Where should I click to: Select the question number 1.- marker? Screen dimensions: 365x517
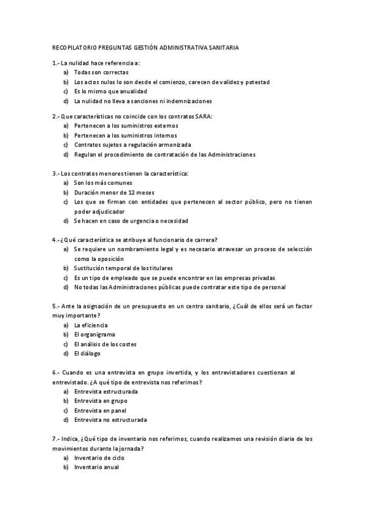[x=56, y=63]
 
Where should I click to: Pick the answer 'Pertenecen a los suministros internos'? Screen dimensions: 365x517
[x=125, y=135]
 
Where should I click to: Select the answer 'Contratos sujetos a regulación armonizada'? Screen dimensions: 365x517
[x=132, y=144]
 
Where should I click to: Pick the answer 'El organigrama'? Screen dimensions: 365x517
[x=94, y=335]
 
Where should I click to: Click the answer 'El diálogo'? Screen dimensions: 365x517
[x=87, y=354]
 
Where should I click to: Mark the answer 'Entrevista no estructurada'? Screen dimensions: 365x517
[x=110, y=420]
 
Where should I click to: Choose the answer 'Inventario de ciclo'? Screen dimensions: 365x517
[x=101, y=458]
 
